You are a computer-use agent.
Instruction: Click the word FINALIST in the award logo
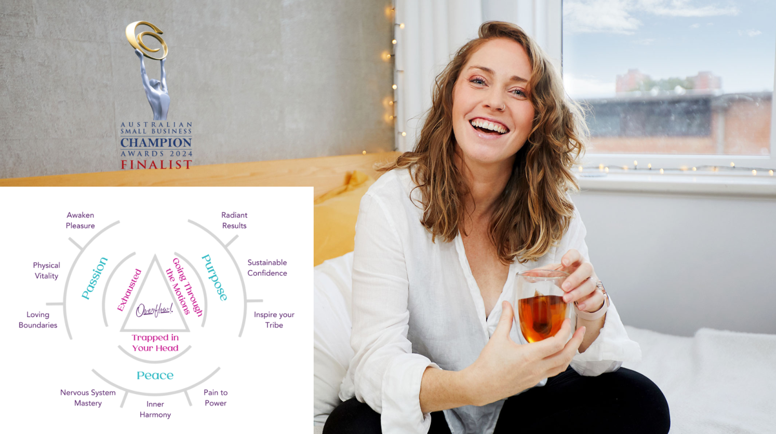[156, 165]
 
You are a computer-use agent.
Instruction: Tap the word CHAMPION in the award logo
[156, 143]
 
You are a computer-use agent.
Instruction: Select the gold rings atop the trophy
[146, 40]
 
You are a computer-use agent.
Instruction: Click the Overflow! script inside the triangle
[154, 310]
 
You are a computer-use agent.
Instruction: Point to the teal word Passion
[95, 278]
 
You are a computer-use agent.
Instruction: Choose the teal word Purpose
[215, 277]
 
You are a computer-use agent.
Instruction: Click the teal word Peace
[155, 375]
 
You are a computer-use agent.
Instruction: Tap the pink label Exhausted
[129, 290]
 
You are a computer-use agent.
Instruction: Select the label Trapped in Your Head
[155, 343]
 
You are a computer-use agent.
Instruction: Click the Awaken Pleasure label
[81, 220]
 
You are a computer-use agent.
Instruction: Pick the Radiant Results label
[235, 220]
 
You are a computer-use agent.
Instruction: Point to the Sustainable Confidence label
[267, 268]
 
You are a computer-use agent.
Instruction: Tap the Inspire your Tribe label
[274, 320]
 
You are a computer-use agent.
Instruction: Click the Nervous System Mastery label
[88, 398]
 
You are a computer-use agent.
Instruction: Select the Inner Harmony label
[155, 410]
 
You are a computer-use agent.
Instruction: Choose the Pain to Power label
[216, 398]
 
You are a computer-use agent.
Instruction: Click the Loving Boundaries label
[38, 320]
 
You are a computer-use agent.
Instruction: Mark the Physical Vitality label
[46, 270]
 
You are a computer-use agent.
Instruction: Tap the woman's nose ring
[502, 107]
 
